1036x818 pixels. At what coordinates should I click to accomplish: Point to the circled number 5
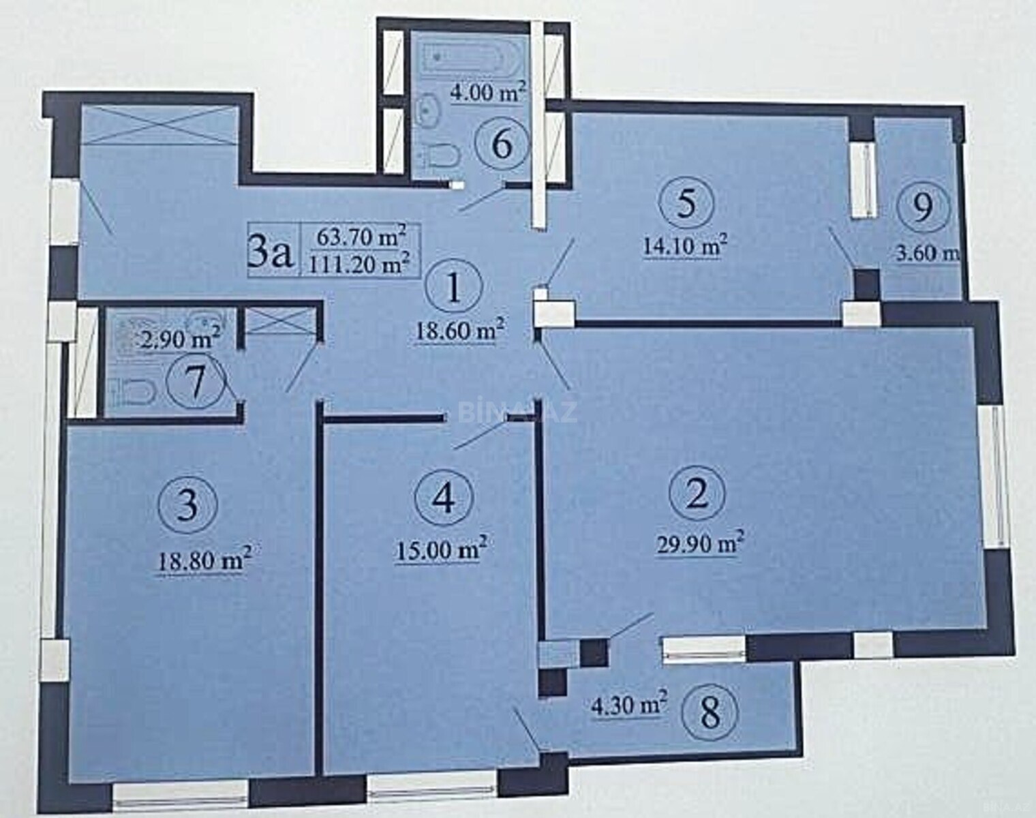point(686,204)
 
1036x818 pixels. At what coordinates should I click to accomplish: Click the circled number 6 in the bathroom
point(502,143)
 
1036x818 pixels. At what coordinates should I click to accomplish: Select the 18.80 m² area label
point(203,559)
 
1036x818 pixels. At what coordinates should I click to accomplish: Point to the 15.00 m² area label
point(440,550)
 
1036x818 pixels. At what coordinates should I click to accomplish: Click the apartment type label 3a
point(270,255)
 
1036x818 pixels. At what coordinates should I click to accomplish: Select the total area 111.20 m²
point(361,263)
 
